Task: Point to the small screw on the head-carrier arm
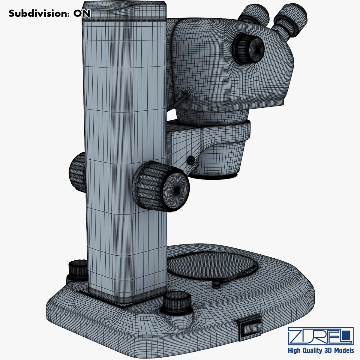pyautogui.click(x=190, y=161)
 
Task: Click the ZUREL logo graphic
pyautogui.click(x=320, y=336)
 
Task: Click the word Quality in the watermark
pyautogui.click(x=312, y=351)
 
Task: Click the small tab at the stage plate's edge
pyautogui.click(x=216, y=284)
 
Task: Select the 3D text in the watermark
pyautogui.click(x=328, y=351)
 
